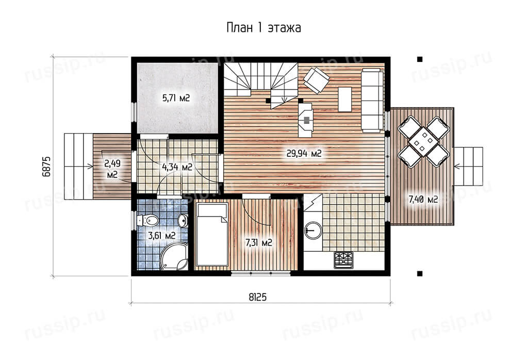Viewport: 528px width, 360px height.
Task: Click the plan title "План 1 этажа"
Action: pos(263,28)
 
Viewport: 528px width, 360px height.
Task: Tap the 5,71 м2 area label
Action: pos(176,98)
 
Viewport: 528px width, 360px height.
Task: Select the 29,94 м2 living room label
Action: pos(304,154)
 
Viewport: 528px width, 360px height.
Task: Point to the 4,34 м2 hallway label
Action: pos(177,167)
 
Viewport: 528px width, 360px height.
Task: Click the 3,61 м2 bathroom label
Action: pos(162,235)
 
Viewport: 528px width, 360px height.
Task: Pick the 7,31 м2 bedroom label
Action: pos(259,242)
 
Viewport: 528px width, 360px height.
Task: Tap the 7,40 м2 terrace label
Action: pos(423,200)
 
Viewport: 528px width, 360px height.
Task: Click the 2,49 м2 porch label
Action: pos(112,169)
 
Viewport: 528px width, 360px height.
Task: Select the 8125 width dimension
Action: pos(258,297)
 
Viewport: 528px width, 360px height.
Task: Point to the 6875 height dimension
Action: pos(46,166)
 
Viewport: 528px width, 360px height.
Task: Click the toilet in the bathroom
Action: pos(147,221)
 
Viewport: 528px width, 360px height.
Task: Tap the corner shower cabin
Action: pos(174,256)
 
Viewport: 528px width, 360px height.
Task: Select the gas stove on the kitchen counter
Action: pos(343,260)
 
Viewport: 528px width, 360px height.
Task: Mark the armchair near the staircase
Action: pos(316,80)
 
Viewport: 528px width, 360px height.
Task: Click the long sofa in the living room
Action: pos(373,100)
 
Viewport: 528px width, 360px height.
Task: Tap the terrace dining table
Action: pos(424,142)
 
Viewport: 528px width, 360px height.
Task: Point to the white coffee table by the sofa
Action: pos(345,99)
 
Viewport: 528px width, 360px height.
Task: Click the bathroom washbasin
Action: pos(183,221)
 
